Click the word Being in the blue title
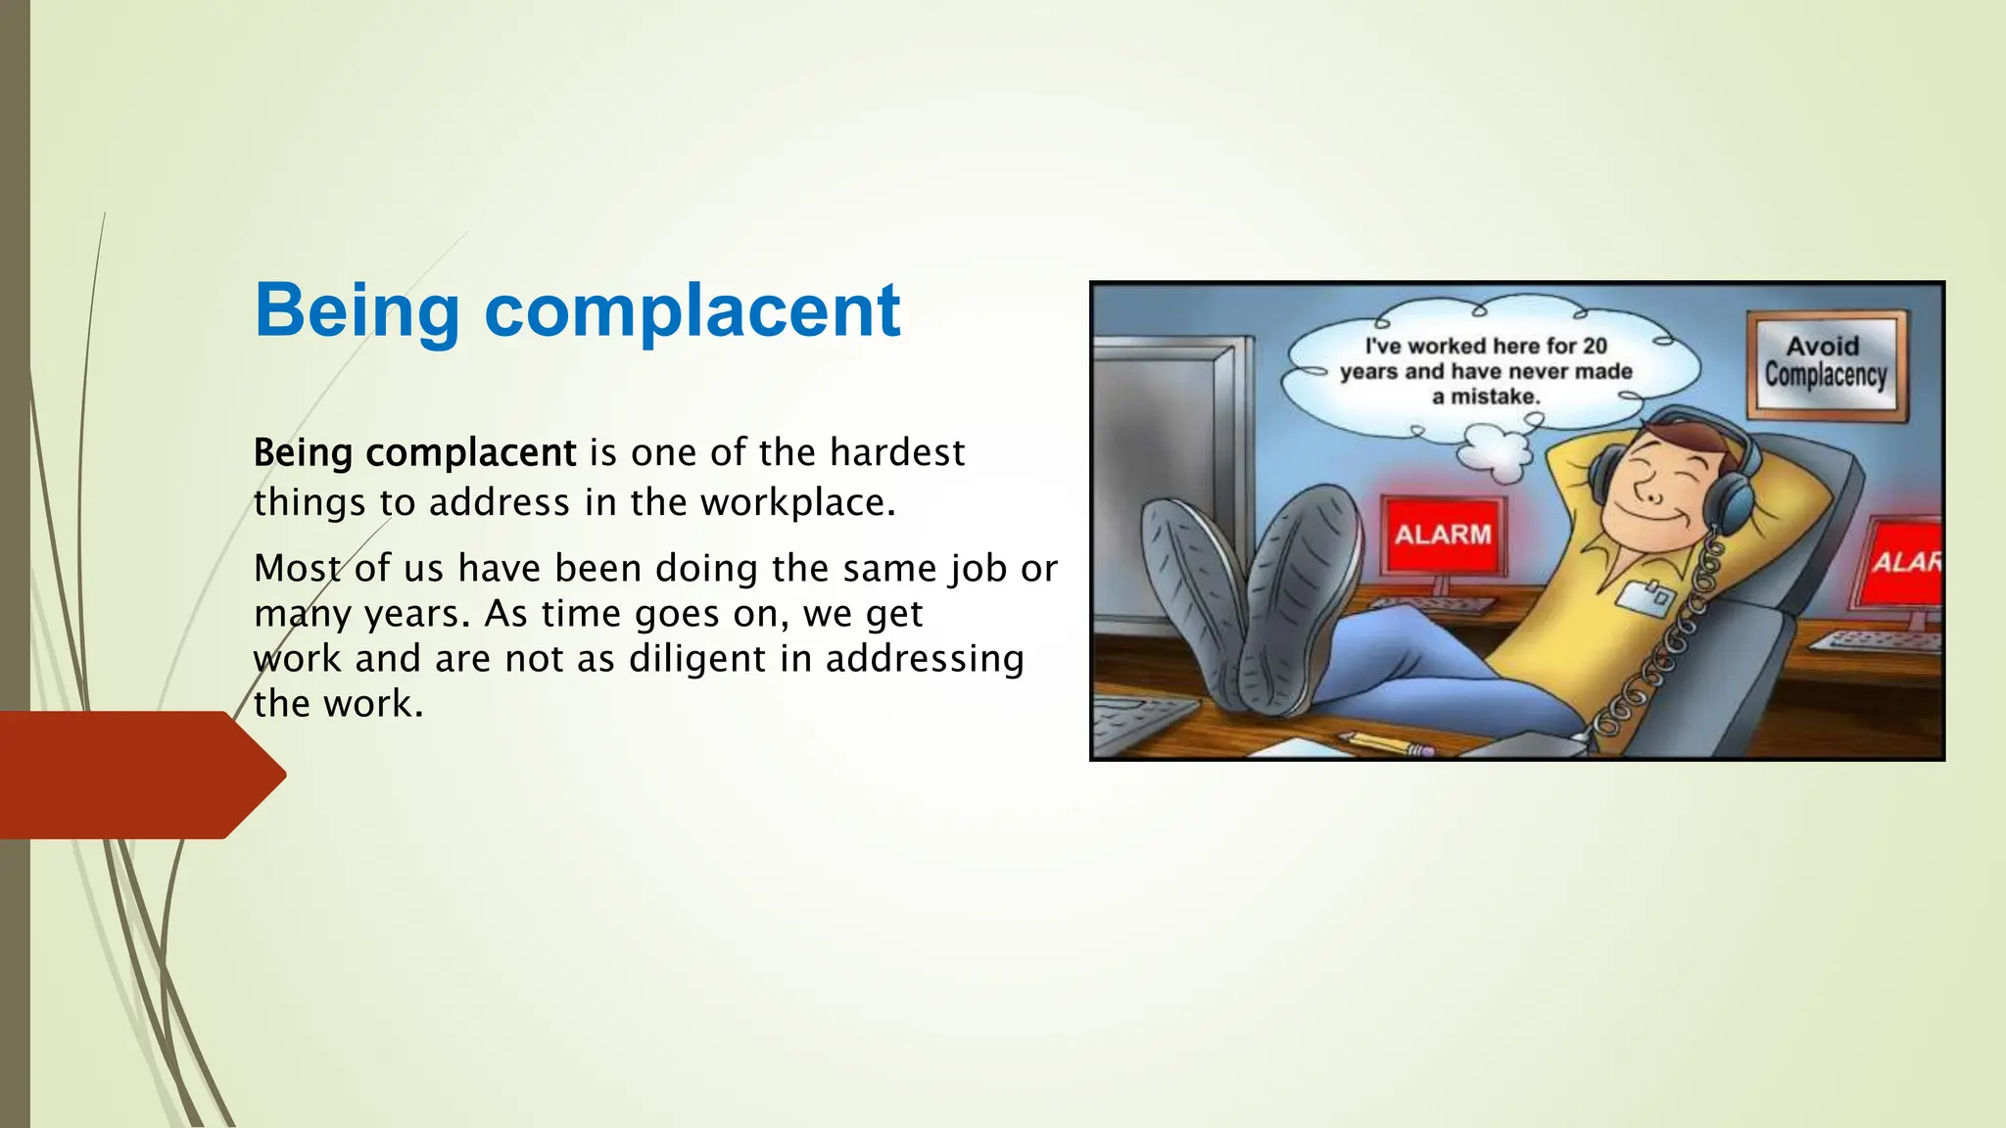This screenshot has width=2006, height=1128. point(357,311)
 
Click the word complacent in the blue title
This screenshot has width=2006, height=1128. point(692,311)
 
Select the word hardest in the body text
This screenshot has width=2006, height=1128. point(896,452)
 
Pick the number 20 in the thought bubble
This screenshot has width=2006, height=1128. point(1594,346)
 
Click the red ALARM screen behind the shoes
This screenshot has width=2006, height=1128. point(1443,535)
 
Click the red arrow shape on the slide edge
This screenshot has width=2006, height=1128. point(137,775)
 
